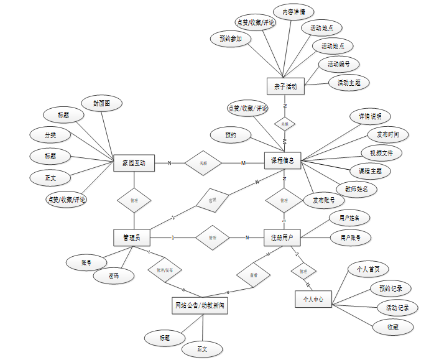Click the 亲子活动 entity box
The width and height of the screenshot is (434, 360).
coord(285,86)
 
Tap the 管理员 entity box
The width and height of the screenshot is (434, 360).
coord(132,237)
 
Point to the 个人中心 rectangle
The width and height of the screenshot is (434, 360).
coord(313,298)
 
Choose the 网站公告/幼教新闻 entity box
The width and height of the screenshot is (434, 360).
coord(200,305)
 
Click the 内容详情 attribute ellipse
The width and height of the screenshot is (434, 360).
coord(293,12)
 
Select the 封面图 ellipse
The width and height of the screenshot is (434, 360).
coord(103,103)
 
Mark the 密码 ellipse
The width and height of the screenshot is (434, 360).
coord(114,275)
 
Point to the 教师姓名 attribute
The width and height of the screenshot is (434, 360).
coord(356,188)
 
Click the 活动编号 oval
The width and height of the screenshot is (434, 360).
coord(339,64)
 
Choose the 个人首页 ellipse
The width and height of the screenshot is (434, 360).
coord(368,269)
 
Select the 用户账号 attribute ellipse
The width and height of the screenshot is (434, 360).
coord(351,237)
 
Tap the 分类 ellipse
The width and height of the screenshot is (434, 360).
coord(50,134)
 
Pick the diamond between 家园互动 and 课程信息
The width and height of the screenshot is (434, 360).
coord(203,163)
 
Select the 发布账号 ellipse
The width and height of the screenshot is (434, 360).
coord(324,200)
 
